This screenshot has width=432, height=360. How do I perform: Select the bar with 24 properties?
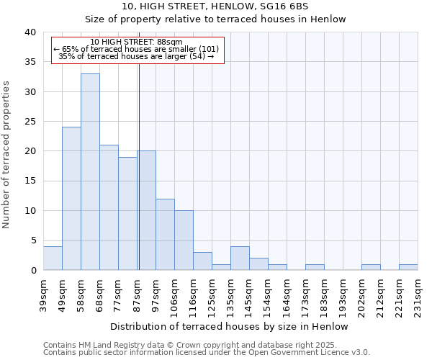71,198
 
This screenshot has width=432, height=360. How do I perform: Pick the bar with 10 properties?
184,240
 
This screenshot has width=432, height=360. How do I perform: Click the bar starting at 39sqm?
53,258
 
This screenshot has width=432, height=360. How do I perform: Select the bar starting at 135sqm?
240,258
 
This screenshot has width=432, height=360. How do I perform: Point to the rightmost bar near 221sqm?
408,267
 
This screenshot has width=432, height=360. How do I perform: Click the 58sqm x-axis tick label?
81,291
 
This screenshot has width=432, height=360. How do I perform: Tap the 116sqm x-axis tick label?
194,291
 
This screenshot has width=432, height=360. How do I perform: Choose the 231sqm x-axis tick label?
418,291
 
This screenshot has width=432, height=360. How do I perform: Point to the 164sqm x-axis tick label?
287,291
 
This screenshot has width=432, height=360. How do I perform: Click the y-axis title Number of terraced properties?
7,154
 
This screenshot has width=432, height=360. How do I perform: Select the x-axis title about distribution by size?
230,326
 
